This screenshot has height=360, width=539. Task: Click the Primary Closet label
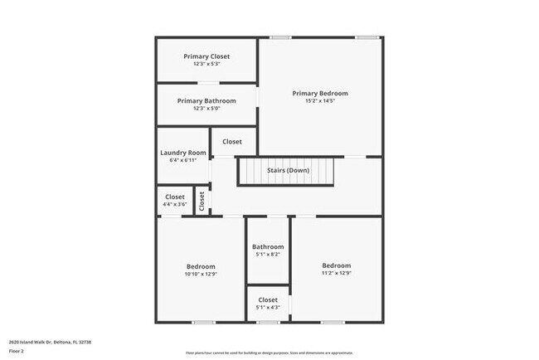tap(206, 56)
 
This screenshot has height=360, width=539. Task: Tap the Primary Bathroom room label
tap(206, 100)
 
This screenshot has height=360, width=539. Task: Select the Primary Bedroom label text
tap(320, 93)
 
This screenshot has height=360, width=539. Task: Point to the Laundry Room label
tap(182, 153)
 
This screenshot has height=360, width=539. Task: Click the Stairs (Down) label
tap(288, 171)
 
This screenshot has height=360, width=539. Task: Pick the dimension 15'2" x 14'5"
tap(320, 103)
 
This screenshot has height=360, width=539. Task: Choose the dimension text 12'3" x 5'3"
tap(206, 64)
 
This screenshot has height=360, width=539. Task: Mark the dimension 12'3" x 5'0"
tap(206, 109)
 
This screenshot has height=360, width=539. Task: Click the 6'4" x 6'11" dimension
tap(182, 160)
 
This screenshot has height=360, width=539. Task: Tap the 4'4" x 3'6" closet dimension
tap(175, 204)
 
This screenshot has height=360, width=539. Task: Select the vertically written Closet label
tap(202, 202)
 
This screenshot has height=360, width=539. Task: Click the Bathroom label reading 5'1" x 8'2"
tap(268, 246)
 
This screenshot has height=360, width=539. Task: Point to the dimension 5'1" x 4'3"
tap(268, 308)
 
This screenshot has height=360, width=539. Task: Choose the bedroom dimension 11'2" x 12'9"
tap(336, 273)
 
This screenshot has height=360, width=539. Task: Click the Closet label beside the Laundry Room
tap(231, 142)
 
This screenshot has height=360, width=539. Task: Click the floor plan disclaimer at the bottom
tap(269, 353)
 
